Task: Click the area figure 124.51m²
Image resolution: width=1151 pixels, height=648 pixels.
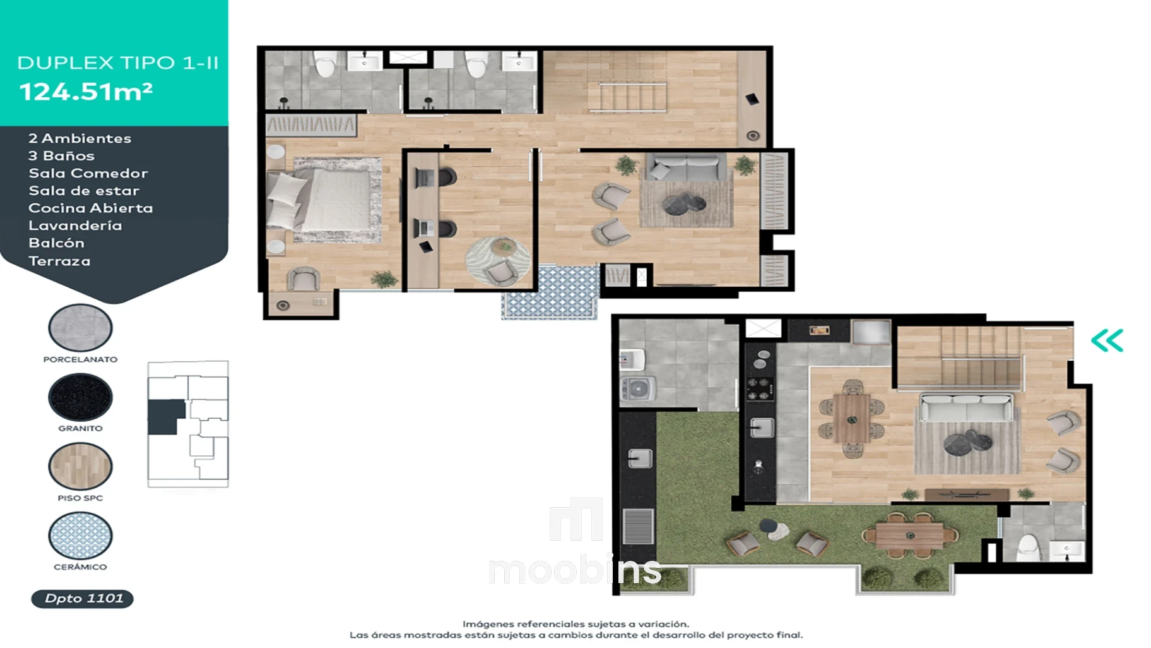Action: (x=86, y=92)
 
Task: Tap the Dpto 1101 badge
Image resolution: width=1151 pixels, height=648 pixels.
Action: (x=83, y=598)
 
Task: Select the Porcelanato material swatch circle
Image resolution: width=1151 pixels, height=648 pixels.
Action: (x=80, y=327)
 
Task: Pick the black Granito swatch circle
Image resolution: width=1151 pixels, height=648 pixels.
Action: (x=80, y=397)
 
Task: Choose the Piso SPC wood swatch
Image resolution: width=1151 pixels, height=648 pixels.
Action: (x=80, y=466)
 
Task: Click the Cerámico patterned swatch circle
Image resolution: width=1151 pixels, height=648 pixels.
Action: (x=80, y=536)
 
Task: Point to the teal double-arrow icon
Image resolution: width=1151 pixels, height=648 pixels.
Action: (x=1107, y=340)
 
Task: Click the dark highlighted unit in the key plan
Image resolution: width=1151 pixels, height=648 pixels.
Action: (x=165, y=417)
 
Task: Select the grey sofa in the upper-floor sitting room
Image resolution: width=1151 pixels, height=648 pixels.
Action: (x=686, y=166)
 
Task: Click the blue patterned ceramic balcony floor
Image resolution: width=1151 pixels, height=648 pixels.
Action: (x=550, y=292)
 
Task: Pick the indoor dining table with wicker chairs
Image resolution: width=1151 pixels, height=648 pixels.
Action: (x=852, y=418)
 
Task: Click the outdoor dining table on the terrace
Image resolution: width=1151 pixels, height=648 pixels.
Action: (x=910, y=536)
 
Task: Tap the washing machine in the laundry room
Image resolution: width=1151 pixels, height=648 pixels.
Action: (x=638, y=389)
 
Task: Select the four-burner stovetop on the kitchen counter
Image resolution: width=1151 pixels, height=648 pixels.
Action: (x=760, y=388)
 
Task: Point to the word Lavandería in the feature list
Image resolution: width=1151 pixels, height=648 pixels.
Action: (x=75, y=225)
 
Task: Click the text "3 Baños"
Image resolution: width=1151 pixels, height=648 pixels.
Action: (x=61, y=156)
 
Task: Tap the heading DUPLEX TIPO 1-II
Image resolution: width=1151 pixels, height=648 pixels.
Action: (x=118, y=63)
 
